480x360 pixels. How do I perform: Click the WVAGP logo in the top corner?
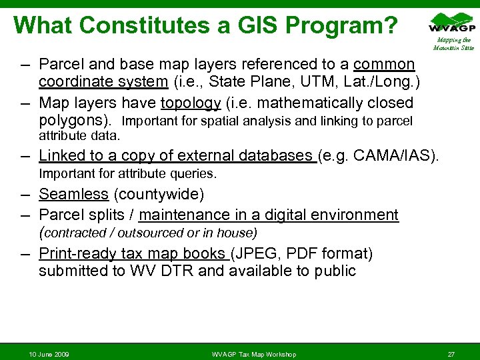(x=453, y=24)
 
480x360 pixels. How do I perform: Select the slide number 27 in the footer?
(x=451, y=353)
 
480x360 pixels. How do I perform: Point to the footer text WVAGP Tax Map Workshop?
(x=253, y=353)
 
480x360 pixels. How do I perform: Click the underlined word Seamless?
(x=73, y=195)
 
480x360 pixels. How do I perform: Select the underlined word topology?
(x=190, y=103)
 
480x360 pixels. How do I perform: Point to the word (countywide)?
(x=159, y=195)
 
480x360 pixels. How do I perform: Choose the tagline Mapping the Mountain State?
(x=453, y=44)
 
